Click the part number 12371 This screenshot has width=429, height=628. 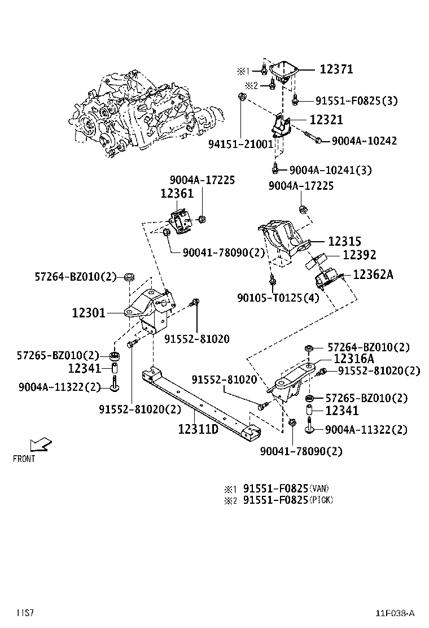pos(336,69)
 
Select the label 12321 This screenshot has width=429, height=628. pos(326,120)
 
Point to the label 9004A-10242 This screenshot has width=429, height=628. pos(364,141)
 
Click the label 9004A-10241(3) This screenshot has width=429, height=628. pos(330,169)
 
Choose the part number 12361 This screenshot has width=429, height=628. pos(177,193)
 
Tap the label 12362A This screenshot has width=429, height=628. pos(373,274)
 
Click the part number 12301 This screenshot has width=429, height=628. pos(89,312)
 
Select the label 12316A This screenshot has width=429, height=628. pos(354,359)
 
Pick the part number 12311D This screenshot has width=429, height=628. pos(198,429)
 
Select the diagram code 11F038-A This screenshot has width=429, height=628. pos(396,613)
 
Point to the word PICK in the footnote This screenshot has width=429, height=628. pos(322,500)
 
